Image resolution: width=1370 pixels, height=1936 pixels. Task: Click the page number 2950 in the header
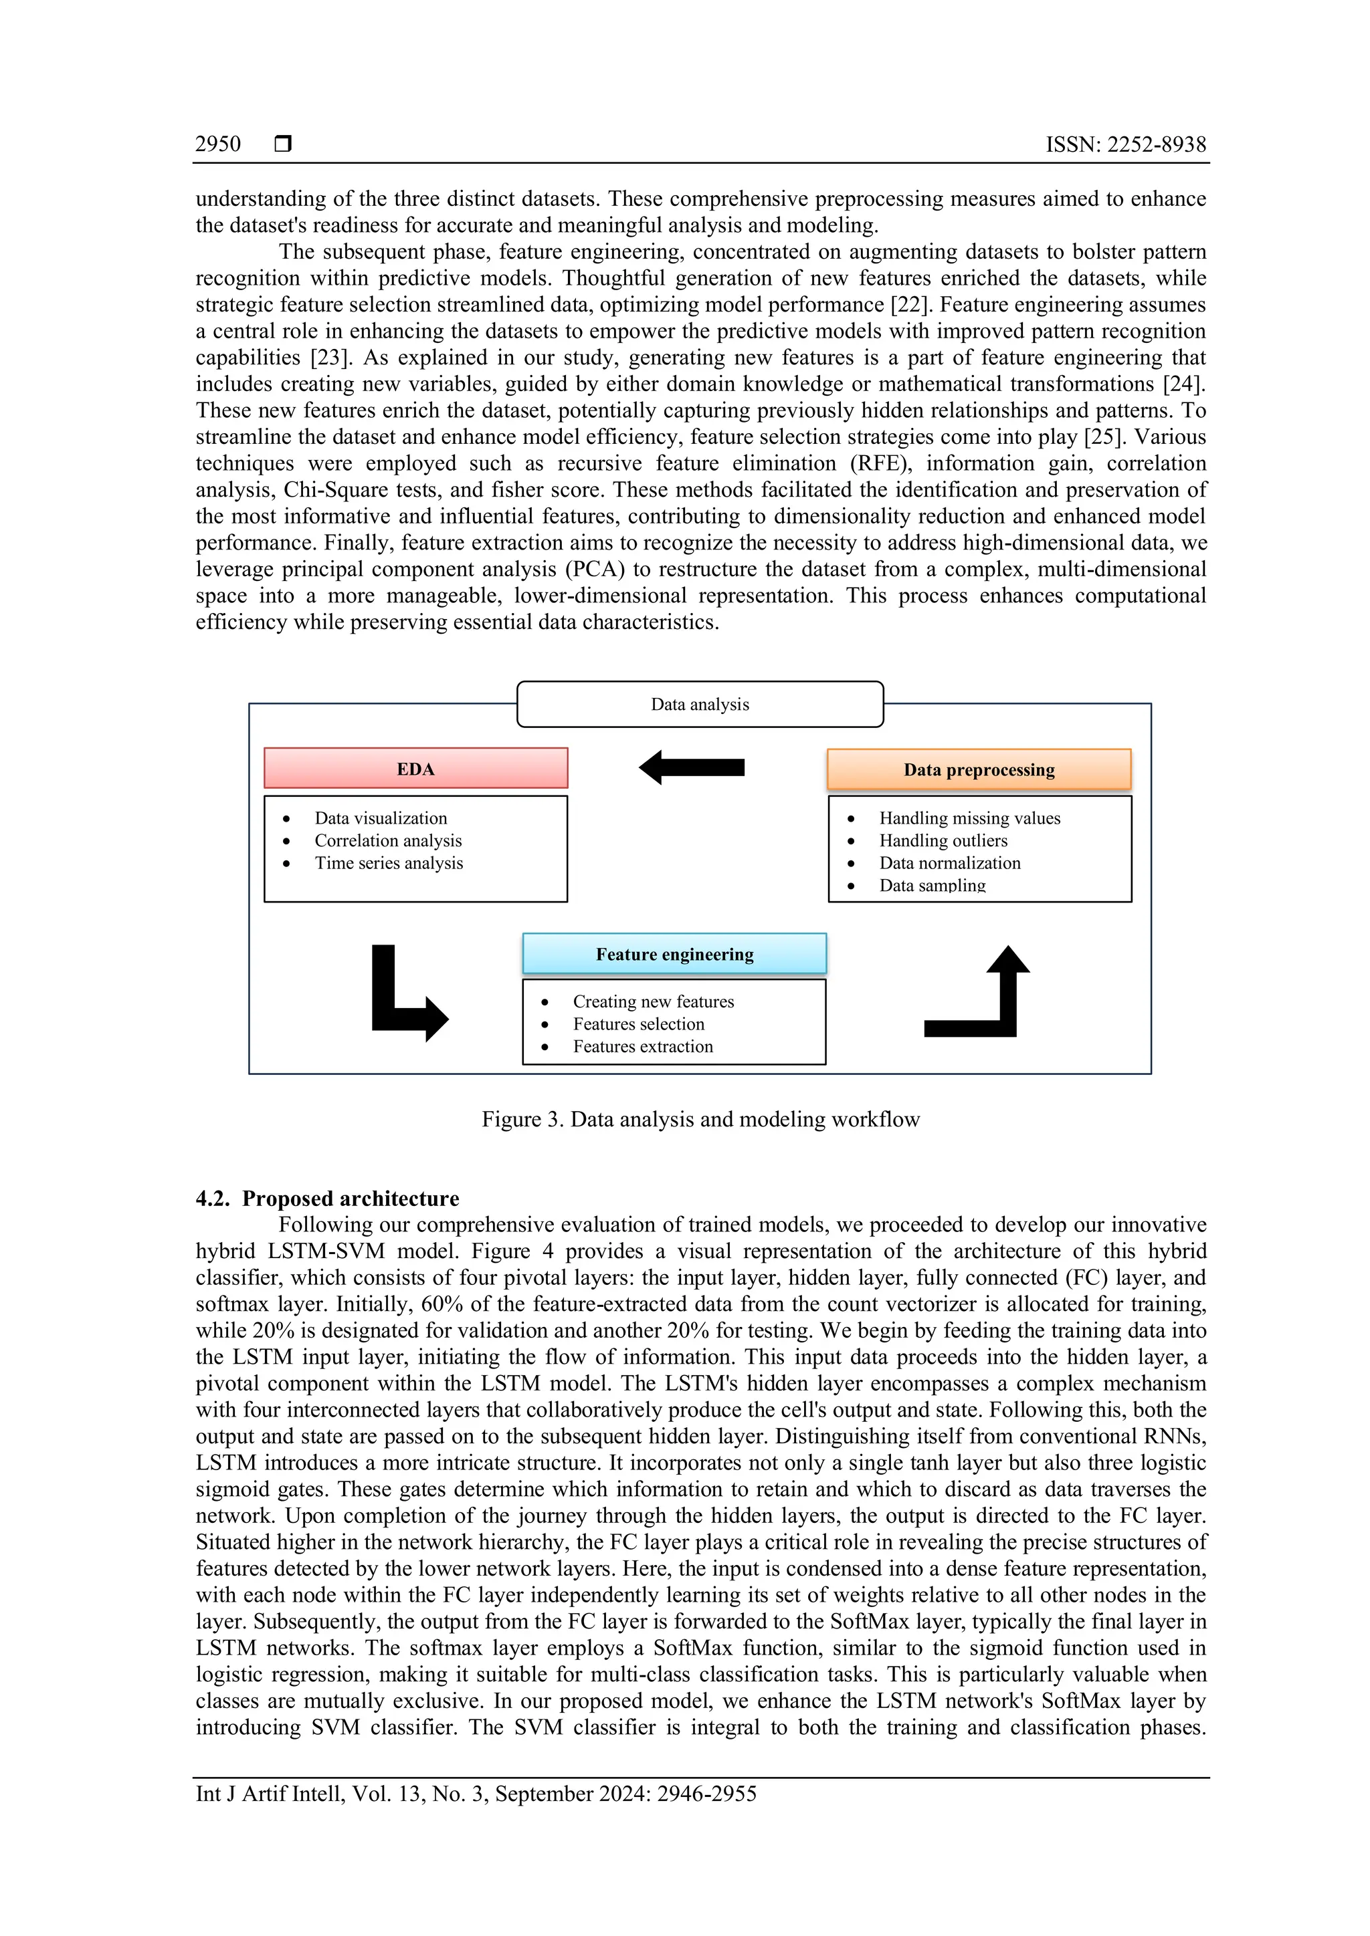point(217,144)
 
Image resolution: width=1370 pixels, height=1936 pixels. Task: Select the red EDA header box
point(416,768)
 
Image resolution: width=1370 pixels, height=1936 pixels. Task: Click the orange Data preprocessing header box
point(979,769)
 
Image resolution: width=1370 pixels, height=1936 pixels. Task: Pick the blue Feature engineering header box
point(674,954)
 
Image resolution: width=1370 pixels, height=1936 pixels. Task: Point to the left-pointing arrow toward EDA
point(692,767)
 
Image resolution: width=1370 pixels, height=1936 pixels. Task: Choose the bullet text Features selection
point(639,1023)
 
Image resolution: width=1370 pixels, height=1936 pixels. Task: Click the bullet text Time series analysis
point(389,862)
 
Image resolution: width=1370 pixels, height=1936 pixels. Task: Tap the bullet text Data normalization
point(949,862)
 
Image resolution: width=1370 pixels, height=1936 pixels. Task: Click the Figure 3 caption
point(700,1119)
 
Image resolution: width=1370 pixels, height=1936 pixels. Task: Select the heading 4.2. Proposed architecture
point(327,1198)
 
